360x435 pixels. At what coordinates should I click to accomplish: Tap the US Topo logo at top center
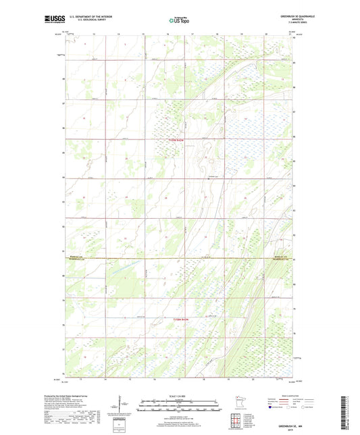(x=179, y=21)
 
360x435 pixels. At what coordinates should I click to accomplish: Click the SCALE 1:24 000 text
(x=179, y=395)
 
